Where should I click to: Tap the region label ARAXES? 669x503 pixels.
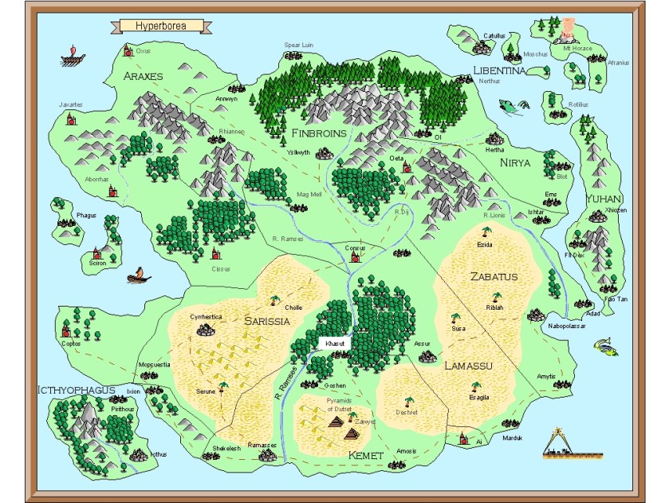point(144,76)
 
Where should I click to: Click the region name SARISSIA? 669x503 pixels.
point(266,322)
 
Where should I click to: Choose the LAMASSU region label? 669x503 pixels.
point(467,366)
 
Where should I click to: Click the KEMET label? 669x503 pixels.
point(366,455)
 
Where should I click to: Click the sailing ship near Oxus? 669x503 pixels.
point(73,58)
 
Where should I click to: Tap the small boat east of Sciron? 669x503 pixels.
point(139,276)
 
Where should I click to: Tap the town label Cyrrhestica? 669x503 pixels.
point(206,317)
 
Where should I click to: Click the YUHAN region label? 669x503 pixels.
point(604,199)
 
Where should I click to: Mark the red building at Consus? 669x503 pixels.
point(356,256)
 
